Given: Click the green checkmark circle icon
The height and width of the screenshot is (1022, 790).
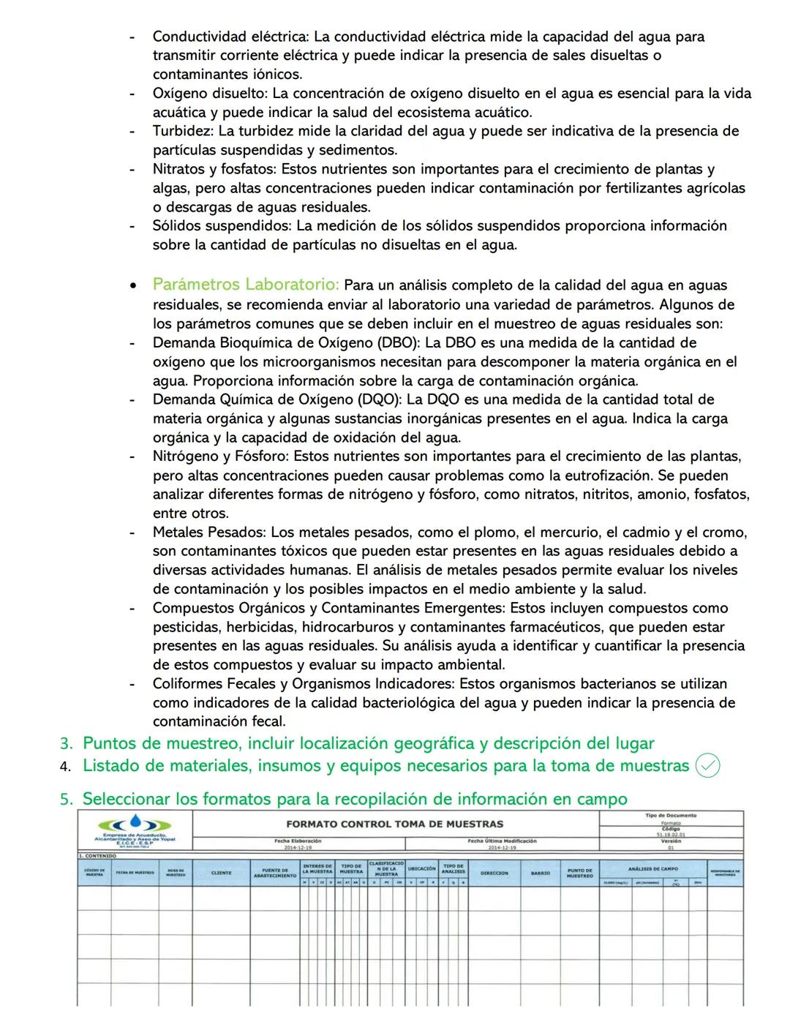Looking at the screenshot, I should (707, 766).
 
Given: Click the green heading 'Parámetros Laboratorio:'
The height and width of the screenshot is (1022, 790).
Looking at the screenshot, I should (246, 285).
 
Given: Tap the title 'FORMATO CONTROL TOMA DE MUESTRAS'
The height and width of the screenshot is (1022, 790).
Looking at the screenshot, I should (394, 824).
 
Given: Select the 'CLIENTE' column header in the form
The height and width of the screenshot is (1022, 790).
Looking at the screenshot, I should (221, 873).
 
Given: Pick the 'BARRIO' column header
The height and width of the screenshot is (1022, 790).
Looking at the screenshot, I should (540, 873).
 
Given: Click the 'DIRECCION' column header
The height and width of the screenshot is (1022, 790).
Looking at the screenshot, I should (494, 873).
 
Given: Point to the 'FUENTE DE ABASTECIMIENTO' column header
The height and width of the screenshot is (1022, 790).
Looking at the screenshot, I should (275, 873).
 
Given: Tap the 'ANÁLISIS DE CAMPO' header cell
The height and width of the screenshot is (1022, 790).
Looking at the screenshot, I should (652, 868).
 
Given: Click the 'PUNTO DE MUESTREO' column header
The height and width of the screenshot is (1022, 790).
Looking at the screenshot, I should (579, 873).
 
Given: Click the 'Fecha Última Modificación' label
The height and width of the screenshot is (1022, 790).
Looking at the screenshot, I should (502, 841).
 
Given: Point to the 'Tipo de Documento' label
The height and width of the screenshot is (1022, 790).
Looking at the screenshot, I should (670, 815).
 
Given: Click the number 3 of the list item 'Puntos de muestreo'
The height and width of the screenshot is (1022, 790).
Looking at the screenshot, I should (66, 744).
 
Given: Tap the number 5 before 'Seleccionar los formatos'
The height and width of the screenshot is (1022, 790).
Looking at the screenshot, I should (66, 799).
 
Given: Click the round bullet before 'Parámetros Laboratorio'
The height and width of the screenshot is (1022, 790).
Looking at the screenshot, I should (132, 285).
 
